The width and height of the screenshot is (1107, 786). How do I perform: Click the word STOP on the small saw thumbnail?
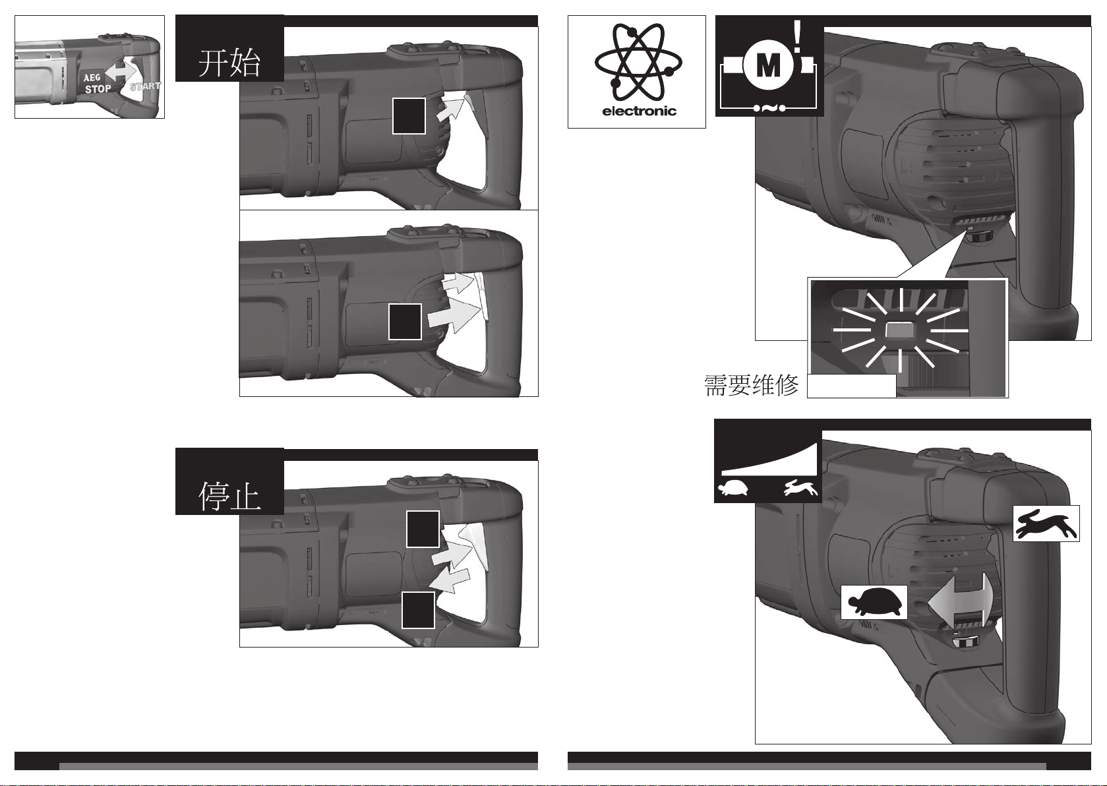tap(98, 89)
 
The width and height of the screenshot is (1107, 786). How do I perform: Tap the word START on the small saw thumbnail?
tap(145, 86)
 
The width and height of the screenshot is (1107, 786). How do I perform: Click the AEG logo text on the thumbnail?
tap(92, 78)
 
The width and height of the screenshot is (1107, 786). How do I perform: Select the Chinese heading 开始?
tap(229, 64)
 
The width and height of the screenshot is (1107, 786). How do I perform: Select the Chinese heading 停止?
tap(229, 497)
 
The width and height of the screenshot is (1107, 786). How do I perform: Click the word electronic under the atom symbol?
tap(639, 111)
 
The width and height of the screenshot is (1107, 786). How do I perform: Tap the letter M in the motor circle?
tap(769, 66)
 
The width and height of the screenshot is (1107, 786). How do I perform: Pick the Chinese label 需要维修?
tap(751, 386)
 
